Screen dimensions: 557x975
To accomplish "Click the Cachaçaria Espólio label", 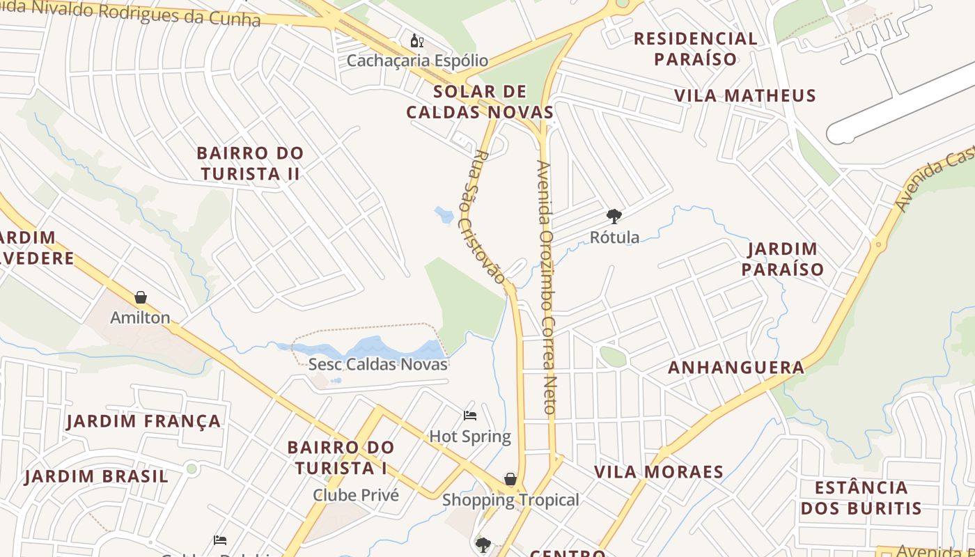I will pos(417,61).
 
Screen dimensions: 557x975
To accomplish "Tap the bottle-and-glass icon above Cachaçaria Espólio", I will pos(417,41).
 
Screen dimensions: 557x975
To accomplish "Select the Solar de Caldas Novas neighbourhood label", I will pos(480,102).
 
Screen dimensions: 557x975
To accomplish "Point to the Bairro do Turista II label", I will pos(250,163).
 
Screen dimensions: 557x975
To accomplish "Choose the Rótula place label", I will pos(614,237).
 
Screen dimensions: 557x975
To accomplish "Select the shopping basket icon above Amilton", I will pos(141,298).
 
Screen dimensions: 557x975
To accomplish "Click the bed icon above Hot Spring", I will pos(470,416).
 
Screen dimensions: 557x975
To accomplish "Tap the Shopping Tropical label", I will pos(510,500).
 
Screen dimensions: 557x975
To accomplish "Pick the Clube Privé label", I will pos(356,495).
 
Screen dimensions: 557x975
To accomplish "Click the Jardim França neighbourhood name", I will pos(143,421).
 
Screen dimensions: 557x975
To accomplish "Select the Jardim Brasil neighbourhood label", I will pos(97,477).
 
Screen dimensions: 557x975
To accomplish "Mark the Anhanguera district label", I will pos(736,368).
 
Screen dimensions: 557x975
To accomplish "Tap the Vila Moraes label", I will pos(659,472).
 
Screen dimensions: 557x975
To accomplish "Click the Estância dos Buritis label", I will pos(861,497).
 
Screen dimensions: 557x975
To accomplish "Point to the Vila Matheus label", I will pos(744,95).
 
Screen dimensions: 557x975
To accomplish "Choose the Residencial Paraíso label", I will pos(695,49).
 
